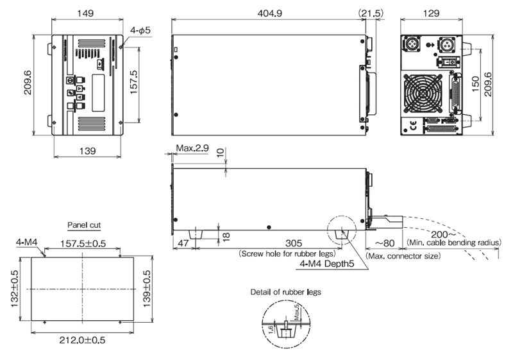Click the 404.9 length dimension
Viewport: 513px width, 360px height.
pos(269,13)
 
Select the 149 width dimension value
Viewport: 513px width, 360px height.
pos(85,13)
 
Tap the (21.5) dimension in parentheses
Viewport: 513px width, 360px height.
pos(371,13)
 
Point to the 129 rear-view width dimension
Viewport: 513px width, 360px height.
pos(431,13)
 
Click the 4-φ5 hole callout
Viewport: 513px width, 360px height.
pos(140,30)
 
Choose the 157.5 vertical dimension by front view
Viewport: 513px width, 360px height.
pos(133,82)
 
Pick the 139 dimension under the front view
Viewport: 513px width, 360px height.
pos(88,151)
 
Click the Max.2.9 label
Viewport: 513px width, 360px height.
pos(192,148)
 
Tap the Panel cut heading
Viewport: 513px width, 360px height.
pos(84,225)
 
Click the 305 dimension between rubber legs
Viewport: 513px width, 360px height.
pos(294,243)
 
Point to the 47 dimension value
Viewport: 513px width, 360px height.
pos(183,243)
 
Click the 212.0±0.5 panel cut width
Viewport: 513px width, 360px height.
pos(83,340)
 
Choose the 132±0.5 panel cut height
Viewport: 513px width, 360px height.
pos(15,289)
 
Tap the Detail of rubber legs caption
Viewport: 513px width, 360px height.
pos(285,292)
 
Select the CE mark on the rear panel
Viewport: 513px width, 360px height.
pos(413,125)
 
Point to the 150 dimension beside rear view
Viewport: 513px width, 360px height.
pos(476,85)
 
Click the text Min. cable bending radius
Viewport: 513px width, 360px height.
pos(454,243)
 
